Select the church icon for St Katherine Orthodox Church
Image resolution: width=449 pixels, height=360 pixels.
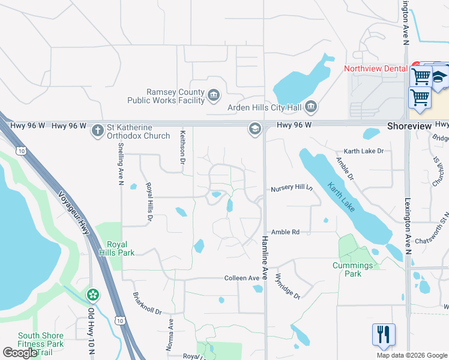point(97,131)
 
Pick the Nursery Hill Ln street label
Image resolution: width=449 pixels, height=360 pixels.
point(292,188)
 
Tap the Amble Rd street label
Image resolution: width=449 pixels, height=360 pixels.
point(285,232)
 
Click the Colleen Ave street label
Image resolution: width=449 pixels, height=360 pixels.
point(242,278)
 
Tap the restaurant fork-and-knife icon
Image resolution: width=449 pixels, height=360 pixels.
point(384,334)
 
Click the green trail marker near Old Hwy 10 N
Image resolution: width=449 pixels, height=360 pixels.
point(92,295)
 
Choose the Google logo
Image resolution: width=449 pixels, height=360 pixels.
point(20,353)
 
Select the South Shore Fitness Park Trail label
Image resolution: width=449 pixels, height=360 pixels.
point(41,344)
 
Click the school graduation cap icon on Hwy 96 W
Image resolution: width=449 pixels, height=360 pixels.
point(255,129)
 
